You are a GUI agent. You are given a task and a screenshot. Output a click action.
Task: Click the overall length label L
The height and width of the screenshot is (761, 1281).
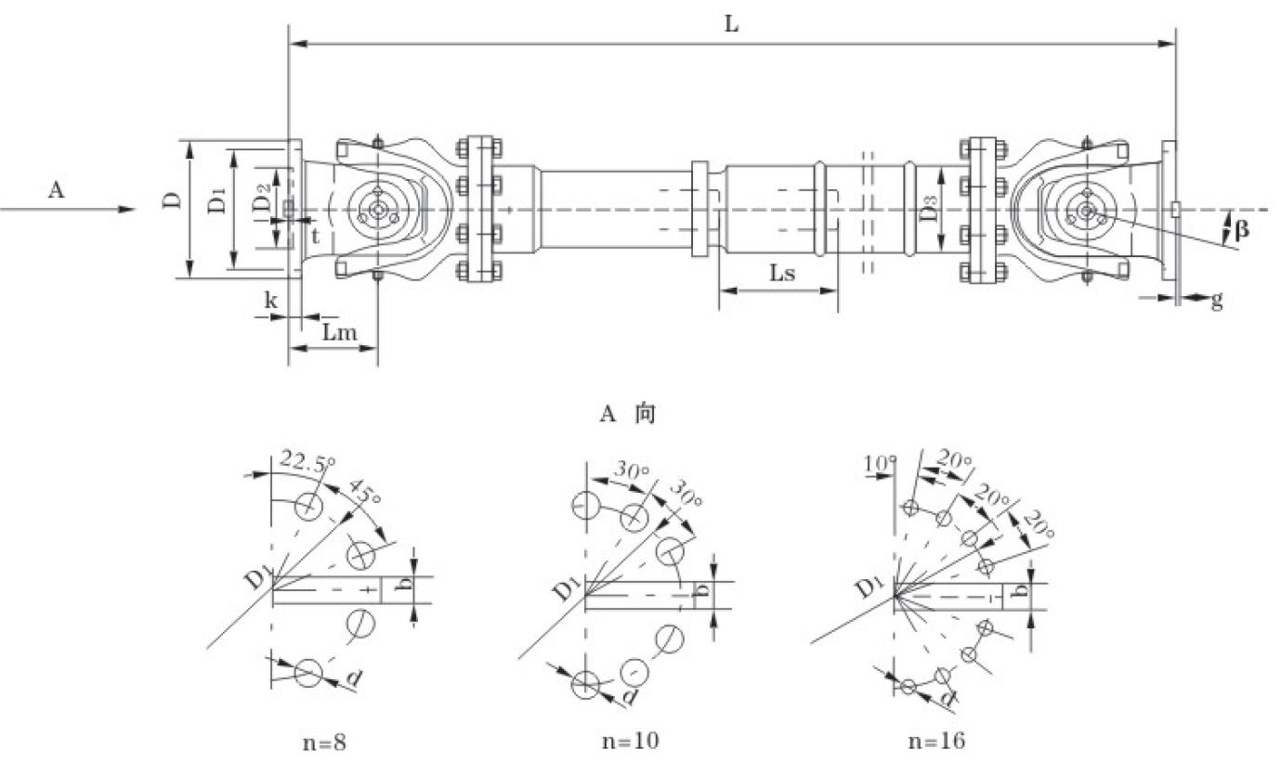click(x=732, y=25)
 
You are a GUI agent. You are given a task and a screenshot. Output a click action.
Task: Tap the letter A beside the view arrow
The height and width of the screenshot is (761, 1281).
click(x=57, y=190)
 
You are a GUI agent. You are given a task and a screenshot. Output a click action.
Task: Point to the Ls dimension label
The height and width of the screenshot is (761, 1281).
click(x=782, y=274)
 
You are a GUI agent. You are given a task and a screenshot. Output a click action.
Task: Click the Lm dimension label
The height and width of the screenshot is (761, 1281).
click(x=335, y=332)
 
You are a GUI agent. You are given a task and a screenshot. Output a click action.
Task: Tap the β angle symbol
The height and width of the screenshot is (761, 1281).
click(x=1242, y=228)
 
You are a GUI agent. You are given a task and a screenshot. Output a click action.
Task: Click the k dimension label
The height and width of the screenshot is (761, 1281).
click(x=271, y=300)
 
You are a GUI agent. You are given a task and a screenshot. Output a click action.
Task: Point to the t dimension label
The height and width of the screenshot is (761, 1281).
click(x=315, y=236)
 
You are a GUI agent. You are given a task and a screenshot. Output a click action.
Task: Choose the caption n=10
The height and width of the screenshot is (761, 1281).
click(x=634, y=741)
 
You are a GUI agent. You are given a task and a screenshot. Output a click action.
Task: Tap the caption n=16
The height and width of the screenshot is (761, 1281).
click(x=936, y=741)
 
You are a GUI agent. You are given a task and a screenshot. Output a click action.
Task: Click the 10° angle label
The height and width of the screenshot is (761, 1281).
click(x=878, y=461)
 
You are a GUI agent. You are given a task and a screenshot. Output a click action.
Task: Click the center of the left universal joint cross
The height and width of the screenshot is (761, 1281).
click(x=377, y=211)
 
